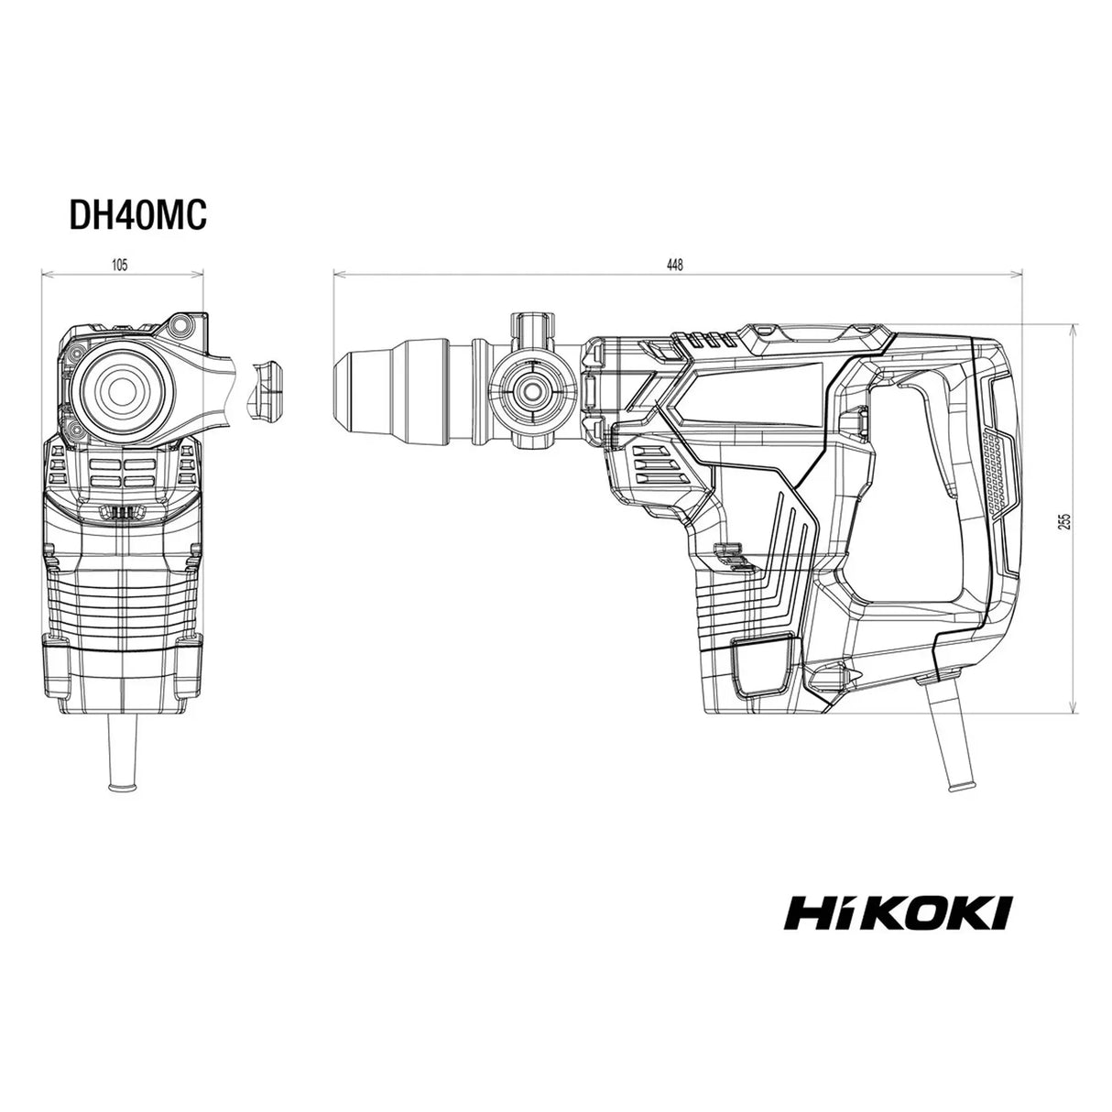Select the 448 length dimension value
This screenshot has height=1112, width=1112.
(674, 265)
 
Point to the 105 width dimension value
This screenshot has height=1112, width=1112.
(119, 265)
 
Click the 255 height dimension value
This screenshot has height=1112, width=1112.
(1066, 521)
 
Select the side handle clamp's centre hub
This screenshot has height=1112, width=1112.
(532, 390)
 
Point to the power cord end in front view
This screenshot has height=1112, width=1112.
(123, 787)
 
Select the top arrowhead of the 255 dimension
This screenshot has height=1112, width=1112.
(1073, 328)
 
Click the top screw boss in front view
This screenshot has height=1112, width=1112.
(181, 322)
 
